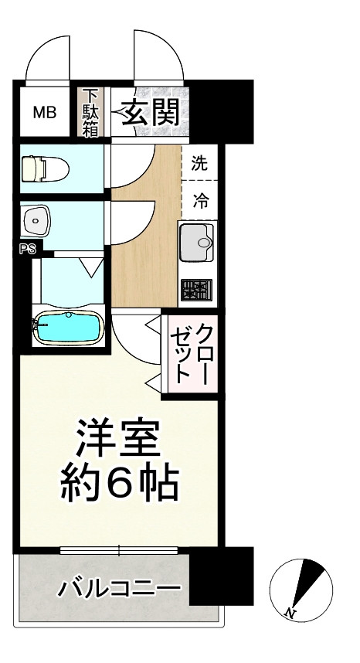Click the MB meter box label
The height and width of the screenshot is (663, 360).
(x=44, y=113)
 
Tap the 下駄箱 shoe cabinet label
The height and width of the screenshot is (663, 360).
(x=90, y=113)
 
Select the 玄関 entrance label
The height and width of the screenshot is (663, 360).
(x=150, y=113)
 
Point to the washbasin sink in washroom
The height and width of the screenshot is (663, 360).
(x=36, y=223)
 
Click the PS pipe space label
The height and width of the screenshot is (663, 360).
(x=27, y=250)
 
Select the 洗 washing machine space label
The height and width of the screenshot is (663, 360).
(x=199, y=163)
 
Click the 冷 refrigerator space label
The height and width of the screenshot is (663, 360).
(x=199, y=202)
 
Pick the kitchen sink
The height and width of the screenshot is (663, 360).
(x=199, y=243)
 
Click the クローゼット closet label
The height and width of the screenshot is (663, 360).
(x=193, y=353)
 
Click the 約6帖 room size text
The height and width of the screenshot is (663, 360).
(x=119, y=484)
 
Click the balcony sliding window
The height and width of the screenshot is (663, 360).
(x=119, y=551)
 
